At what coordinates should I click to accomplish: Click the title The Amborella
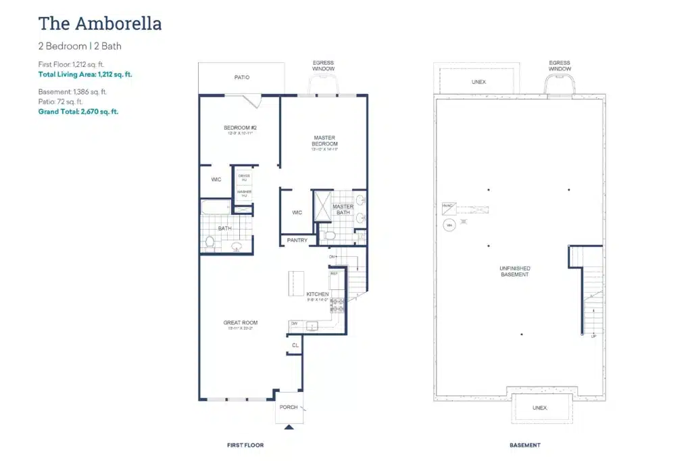(x=100, y=24)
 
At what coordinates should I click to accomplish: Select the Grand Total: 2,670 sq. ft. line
(x=78, y=112)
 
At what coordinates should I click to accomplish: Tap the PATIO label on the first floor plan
(x=242, y=78)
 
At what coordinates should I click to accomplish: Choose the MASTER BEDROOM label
(x=324, y=141)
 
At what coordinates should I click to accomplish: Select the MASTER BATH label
(x=343, y=210)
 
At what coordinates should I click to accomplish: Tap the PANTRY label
(x=297, y=241)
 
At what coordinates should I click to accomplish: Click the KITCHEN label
(x=318, y=294)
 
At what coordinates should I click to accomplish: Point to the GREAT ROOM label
(x=240, y=323)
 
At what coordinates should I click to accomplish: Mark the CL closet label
(x=295, y=345)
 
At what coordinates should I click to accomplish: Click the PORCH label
(x=289, y=407)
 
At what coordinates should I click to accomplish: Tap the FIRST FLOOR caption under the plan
(x=245, y=445)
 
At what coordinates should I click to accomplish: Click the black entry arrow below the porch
(x=289, y=427)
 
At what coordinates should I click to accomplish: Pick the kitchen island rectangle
(x=297, y=283)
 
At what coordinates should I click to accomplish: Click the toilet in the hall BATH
(x=210, y=241)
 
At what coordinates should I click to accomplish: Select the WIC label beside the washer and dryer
(x=216, y=180)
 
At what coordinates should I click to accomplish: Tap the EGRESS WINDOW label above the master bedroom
(x=323, y=66)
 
